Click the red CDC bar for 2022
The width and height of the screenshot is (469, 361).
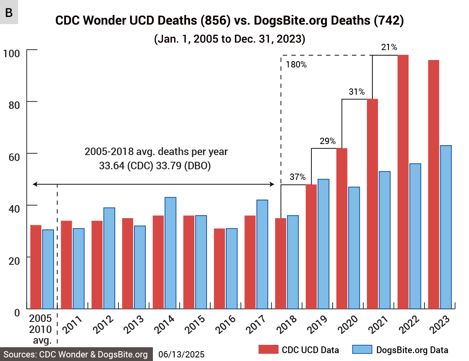click(403, 181)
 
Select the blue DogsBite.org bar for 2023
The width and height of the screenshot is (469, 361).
click(446, 227)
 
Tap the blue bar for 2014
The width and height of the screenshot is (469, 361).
click(170, 253)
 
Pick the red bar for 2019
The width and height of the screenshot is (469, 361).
click(311, 247)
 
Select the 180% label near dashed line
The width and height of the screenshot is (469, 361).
click(296, 65)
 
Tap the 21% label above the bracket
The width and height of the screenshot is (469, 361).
click(389, 48)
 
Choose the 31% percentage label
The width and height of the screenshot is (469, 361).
click(357, 92)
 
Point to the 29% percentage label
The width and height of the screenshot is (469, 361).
click(328, 141)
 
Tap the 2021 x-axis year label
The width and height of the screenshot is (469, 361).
click(380, 325)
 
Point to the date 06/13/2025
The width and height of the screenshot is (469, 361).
click(181, 354)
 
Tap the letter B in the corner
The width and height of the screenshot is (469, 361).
click(9, 12)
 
